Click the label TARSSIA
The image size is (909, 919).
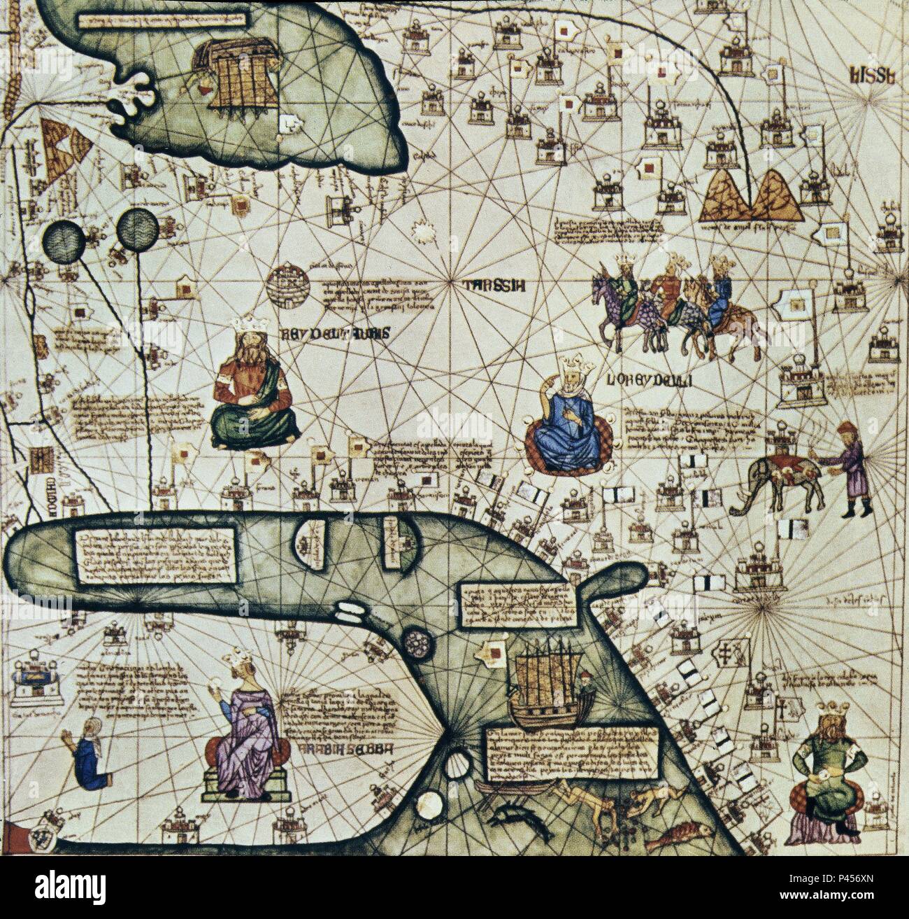click(x=489, y=284)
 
